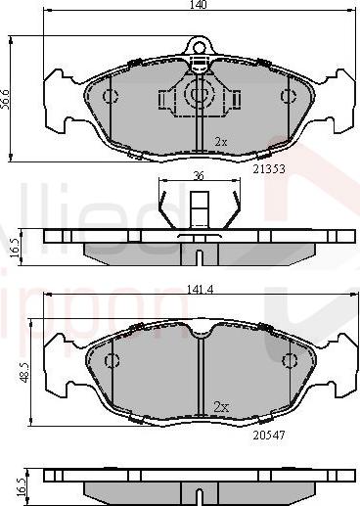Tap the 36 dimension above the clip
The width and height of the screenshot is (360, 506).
(x=200, y=177)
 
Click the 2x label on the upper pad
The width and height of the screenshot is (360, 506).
(x=220, y=142)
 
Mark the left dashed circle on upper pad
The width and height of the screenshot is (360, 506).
(x=111, y=96)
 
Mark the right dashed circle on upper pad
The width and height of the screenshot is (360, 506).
(x=288, y=96)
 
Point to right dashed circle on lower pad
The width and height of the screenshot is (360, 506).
(x=288, y=359)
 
